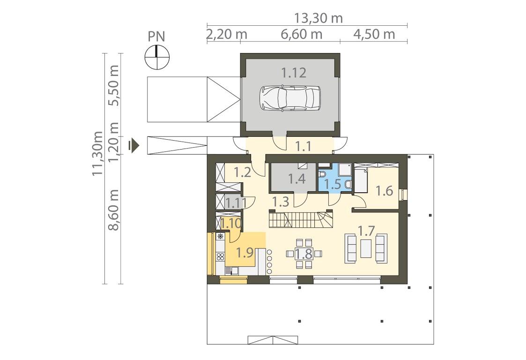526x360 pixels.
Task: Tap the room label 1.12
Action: coord(294,73)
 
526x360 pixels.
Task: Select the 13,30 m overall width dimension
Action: coord(319,18)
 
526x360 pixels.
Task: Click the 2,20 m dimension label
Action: coord(227,34)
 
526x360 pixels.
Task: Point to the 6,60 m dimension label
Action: coord(301,34)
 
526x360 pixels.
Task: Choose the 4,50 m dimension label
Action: coord(374,34)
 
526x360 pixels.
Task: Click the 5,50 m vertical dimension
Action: coord(114,86)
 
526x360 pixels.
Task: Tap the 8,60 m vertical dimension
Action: coord(114,210)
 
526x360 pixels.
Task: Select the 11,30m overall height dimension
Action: coord(97,153)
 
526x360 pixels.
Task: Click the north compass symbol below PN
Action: coord(157,57)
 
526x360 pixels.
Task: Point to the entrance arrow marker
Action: coord(134,146)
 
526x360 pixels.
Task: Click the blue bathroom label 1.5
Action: coord(333,184)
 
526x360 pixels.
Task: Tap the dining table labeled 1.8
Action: coord(304,254)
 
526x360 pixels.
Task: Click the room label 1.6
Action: coord(384,191)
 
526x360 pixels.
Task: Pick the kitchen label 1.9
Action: coord(244,253)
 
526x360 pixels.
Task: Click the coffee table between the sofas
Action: coord(366,248)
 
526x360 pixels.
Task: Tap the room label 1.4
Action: coord(297,179)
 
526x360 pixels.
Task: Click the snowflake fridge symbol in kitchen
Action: coord(221,236)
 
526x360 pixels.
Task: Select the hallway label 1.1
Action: coord(303,146)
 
